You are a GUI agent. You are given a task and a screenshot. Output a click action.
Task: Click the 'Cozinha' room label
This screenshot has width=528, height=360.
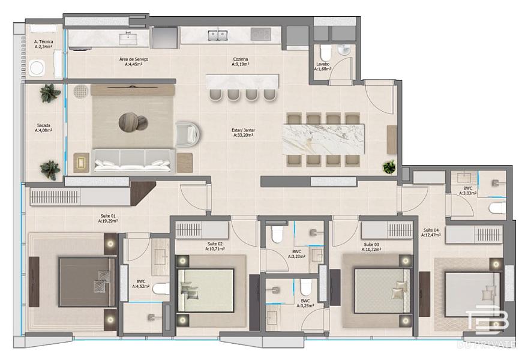(x=240, y=59)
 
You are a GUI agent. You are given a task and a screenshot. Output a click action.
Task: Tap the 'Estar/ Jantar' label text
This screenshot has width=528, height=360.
(x=243, y=130)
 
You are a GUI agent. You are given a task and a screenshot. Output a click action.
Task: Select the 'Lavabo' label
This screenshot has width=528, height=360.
(x=323, y=64)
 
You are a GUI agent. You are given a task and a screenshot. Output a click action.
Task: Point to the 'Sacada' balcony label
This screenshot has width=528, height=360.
(x=43, y=125)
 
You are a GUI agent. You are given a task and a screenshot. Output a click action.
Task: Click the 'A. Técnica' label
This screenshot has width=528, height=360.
(x=43, y=42)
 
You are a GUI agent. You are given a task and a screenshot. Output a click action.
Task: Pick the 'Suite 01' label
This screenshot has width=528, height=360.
(x=108, y=216)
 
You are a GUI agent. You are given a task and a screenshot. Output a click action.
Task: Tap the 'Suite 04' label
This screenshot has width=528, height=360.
(x=431, y=230)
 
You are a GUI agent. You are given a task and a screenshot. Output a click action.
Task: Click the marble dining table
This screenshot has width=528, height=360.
(x=323, y=139)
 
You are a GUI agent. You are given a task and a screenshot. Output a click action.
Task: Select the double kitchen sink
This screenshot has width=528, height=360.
(x=218, y=35)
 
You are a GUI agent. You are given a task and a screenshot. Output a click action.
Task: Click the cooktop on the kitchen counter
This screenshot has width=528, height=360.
(x=260, y=34)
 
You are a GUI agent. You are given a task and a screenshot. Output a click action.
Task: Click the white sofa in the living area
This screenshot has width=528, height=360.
(x=133, y=161)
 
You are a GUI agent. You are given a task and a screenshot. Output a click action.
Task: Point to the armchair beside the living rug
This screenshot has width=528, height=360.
(x=188, y=134)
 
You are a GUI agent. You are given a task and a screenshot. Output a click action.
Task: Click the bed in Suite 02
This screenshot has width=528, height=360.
(x=205, y=290)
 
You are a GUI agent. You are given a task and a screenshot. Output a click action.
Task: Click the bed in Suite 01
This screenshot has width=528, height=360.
(x=87, y=282)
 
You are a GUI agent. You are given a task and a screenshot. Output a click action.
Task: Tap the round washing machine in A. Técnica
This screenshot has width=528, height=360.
(x=37, y=68)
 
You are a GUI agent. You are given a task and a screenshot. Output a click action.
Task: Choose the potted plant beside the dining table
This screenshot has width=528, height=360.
(x=389, y=167)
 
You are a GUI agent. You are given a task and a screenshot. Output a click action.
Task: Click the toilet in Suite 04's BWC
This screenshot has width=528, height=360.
(x=498, y=208)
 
